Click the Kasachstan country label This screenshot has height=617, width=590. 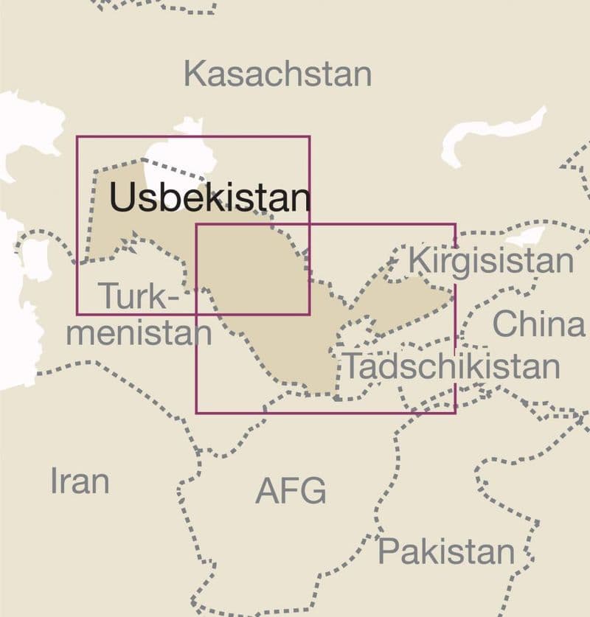tap(277, 74)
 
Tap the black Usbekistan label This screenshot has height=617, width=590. tap(209, 198)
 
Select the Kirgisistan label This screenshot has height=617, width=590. tap(490, 261)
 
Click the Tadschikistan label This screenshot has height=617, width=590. tap(452, 366)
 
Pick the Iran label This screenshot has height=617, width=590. tap(80, 481)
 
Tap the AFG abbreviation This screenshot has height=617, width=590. tap(291, 491)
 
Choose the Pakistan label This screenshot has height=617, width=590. tap(446, 551)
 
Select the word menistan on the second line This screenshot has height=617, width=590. tap(139, 333)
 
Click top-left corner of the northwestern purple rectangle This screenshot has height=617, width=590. tap(77, 136)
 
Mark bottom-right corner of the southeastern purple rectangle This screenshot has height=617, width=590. tap(455, 412)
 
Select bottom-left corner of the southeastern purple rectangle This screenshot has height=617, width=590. tap(196, 412)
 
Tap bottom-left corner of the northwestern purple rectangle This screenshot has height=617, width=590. tap(77, 314)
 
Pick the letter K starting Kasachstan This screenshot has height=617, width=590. tap(193, 74)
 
